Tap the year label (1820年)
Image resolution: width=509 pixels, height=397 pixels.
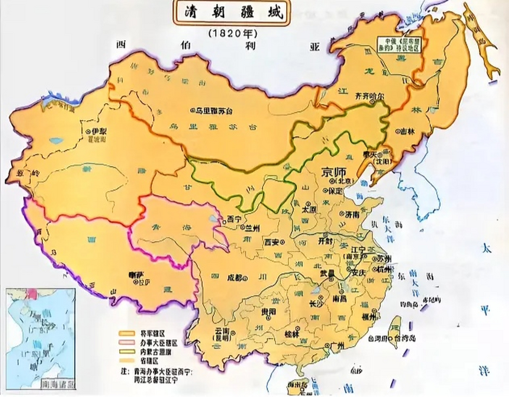click(x=233, y=33)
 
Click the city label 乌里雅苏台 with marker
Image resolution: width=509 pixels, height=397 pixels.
click(x=212, y=111)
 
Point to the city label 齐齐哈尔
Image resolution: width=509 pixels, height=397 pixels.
click(x=370, y=96)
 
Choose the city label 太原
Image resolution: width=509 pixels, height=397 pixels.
click(x=309, y=209)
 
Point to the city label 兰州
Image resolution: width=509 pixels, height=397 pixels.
click(x=251, y=228)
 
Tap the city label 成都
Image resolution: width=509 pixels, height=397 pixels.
click(x=236, y=278)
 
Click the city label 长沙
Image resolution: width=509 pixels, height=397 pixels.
click(x=316, y=304)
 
